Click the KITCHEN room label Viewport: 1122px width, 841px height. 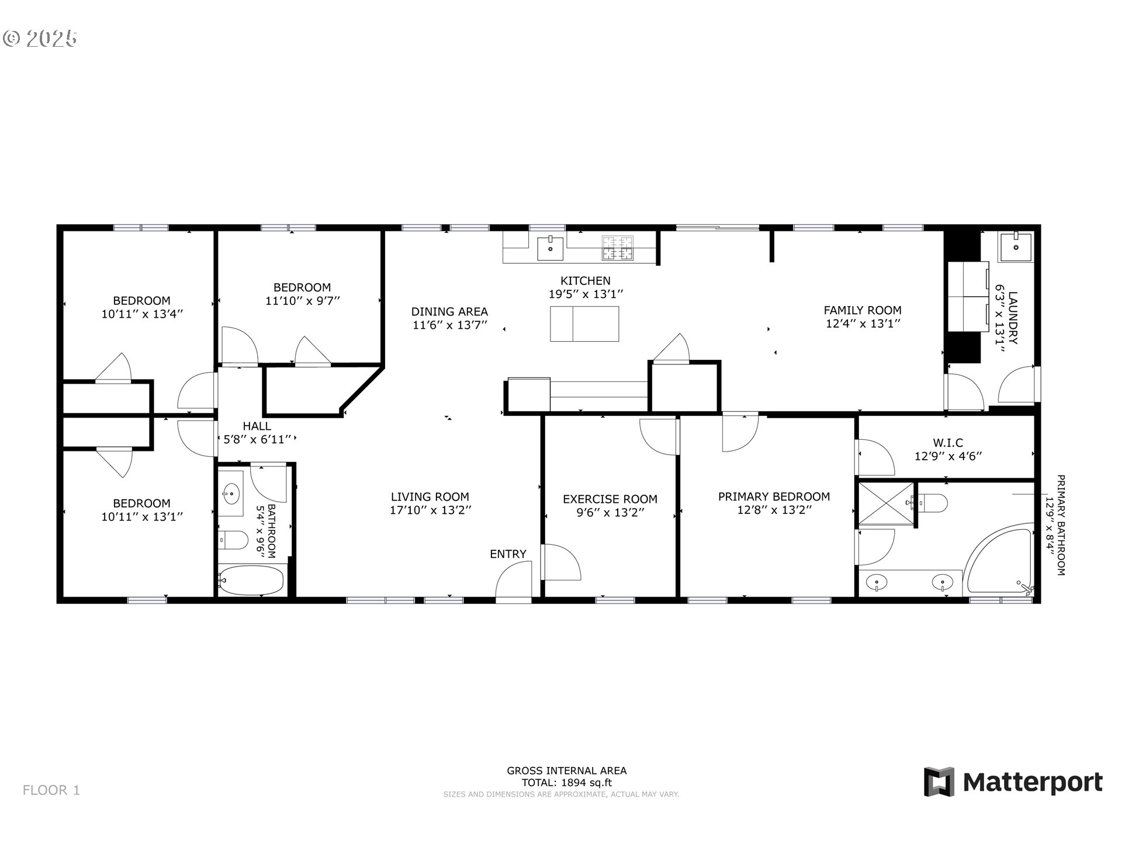click(586, 281)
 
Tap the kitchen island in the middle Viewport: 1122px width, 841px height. click(584, 324)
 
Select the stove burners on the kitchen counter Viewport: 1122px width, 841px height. click(618, 248)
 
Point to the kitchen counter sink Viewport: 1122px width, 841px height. click(550, 248)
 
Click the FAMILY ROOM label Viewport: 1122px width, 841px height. click(863, 311)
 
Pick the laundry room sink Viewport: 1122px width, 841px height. click(1016, 248)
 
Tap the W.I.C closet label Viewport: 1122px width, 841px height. click(948, 443)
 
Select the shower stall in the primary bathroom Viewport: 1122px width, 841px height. click(885, 504)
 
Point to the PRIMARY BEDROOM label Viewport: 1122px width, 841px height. click(774, 497)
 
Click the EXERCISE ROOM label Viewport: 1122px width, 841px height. click(610, 499)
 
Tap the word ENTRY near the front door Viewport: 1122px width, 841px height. click(508, 554)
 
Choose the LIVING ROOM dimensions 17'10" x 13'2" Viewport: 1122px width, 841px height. click(431, 510)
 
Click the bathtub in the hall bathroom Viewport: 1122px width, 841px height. click(251, 580)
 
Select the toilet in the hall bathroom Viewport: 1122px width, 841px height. click(233, 540)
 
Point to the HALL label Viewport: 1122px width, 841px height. click(257, 426)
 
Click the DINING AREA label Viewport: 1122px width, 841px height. click(449, 312)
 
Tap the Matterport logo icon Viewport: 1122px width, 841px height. click(939, 781)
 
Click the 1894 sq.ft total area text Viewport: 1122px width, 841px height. click(587, 783)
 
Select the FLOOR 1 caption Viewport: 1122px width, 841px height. click(51, 790)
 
